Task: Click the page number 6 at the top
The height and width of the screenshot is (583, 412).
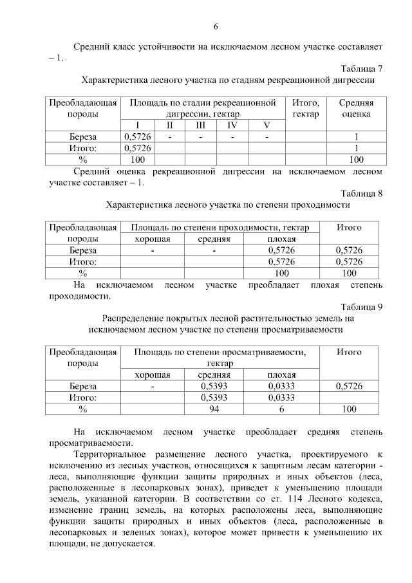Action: coord(216,26)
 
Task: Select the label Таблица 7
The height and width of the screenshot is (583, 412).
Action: coord(362,69)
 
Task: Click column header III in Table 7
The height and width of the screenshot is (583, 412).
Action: coord(200,125)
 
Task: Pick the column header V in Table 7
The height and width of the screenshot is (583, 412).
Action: coord(267,125)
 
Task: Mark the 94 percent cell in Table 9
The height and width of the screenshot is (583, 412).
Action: coord(214,409)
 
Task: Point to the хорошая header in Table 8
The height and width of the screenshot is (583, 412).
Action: coord(152,239)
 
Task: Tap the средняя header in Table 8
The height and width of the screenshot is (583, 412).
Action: coord(214,239)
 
